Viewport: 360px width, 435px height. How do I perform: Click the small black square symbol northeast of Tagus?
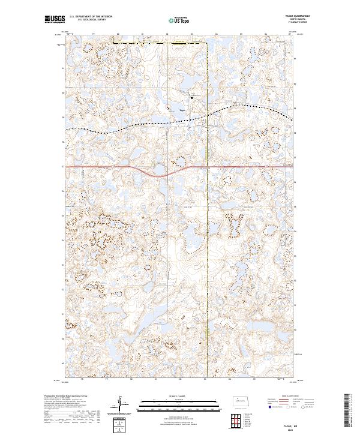(x=192, y=97)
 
